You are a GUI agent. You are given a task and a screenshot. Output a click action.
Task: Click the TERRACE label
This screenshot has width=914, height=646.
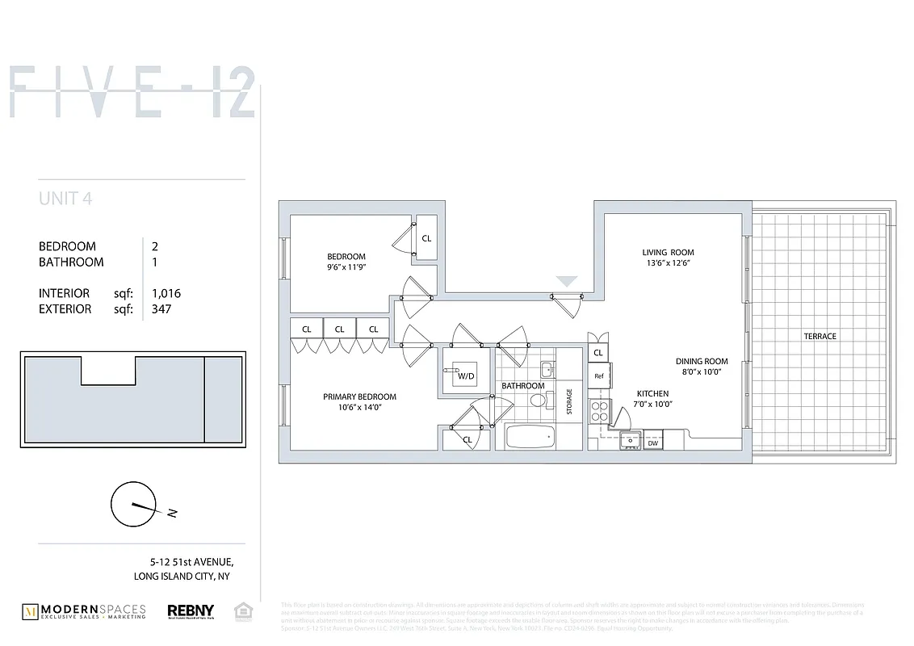pyautogui.click(x=820, y=336)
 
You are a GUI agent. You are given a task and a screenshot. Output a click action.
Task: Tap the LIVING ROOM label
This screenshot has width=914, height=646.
pyautogui.click(x=668, y=252)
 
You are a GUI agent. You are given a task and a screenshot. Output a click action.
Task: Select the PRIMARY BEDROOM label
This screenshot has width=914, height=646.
pyautogui.click(x=359, y=396)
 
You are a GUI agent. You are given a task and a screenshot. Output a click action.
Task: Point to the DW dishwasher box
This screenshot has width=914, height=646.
pyautogui.click(x=652, y=443)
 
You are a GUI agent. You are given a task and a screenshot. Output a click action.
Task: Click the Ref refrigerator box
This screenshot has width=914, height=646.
pyautogui.click(x=599, y=376)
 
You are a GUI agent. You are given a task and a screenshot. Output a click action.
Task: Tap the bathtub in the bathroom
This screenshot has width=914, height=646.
pyautogui.click(x=530, y=438)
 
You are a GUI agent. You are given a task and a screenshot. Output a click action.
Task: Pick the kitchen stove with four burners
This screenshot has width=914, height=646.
pyautogui.click(x=599, y=411)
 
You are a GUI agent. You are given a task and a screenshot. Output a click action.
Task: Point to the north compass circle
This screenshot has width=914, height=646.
pyautogui.click(x=132, y=505)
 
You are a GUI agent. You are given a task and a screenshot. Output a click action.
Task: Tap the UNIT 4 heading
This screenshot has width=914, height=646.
pyautogui.click(x=65, y=199)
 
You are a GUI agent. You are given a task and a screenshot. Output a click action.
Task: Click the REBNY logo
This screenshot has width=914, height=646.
pyautogui.click(x=191, y=612)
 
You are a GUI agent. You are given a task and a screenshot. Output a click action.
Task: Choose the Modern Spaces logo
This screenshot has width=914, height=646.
pyautogui.click(x=84, y=612)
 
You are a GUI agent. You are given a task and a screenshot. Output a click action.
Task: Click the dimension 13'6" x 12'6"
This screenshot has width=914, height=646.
pyautogui.click(x=668, y=263)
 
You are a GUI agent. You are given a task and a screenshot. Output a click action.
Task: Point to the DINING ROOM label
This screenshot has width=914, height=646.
pyautogui.click(x=702, y=362)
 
